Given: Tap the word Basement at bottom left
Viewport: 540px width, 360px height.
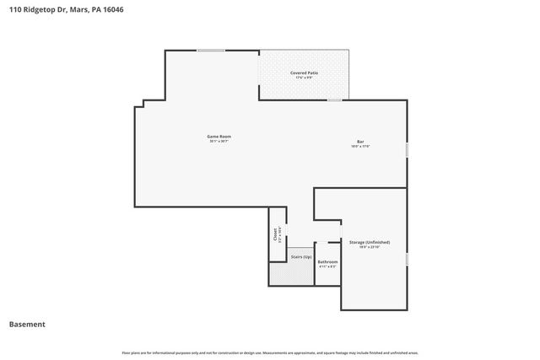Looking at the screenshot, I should (27, 324).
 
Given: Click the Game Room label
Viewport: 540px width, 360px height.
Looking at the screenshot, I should (219, 137).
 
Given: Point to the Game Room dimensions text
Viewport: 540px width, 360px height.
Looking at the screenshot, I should (219, 142).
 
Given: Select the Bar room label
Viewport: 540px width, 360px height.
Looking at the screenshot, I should (360, 141).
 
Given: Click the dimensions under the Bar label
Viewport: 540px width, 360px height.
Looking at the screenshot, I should (360, 146).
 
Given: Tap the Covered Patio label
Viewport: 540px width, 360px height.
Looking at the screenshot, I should (305, 73).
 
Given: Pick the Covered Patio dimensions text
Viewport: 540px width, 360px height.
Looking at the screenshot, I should (305, 78).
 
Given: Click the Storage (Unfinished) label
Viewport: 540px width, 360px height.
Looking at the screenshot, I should (370, 242).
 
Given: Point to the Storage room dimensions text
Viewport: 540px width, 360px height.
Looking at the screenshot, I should (370, 247).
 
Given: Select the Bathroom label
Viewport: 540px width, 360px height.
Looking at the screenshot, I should (327, 261).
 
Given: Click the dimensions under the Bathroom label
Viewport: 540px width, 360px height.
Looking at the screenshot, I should (327, 266).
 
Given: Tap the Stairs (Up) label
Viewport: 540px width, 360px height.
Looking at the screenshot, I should (301, 256).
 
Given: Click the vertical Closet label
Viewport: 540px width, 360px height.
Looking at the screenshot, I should (275, 234).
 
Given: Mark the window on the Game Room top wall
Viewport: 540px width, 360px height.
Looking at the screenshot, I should (211, 51).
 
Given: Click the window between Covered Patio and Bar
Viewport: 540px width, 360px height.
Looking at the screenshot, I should (335, 100).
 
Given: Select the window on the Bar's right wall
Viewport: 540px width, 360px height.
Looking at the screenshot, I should (407, 149).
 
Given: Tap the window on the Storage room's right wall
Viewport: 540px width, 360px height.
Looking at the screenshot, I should (407, 259).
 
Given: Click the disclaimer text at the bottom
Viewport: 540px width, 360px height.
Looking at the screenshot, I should (270, 352).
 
